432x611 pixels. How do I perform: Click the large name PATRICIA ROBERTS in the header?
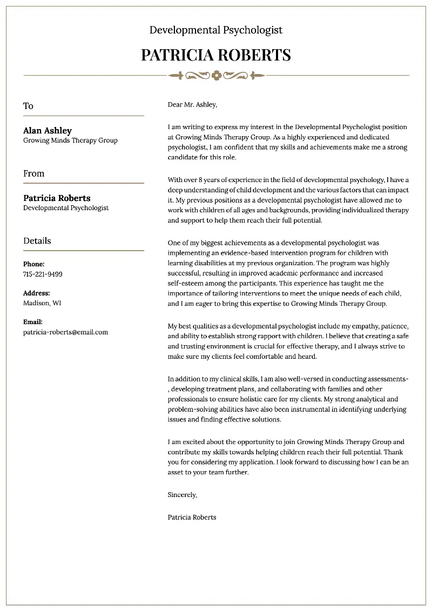tap(216, 55)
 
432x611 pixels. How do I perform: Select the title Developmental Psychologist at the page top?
tap(216, 30)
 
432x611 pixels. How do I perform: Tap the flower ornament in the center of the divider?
tap(217, 75)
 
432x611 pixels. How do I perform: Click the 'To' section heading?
tap(28, 106)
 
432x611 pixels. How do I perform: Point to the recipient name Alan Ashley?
tap(48, 130)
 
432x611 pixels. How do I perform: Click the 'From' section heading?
tap(33, 173)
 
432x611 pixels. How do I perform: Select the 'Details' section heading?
tap(37, 241)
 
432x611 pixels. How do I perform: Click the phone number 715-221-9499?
tap(43, 274)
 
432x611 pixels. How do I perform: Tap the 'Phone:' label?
tap(34, 264)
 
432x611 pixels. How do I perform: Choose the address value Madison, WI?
tap(42, 303)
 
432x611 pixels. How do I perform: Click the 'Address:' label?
tap(36, 293)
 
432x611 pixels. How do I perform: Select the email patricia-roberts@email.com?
tap(65, 332)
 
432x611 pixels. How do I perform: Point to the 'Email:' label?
tap(33, 322)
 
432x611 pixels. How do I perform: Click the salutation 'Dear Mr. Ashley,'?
tap(192, 104)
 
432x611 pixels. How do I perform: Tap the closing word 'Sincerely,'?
tap(183, 494)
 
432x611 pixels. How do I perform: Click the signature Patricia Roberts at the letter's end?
tap(192, 517)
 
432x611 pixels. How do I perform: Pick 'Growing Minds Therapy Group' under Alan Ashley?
tap(70, 140)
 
